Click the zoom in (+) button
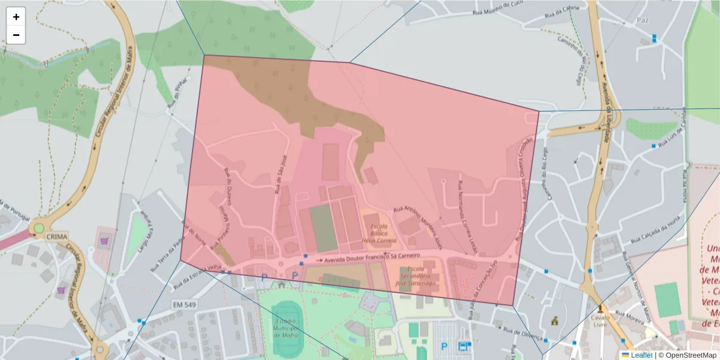(16, 17)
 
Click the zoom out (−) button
(16, 35)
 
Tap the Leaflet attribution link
(641, 355)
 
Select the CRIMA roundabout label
(57, 236)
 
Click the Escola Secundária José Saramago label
(418, 276)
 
